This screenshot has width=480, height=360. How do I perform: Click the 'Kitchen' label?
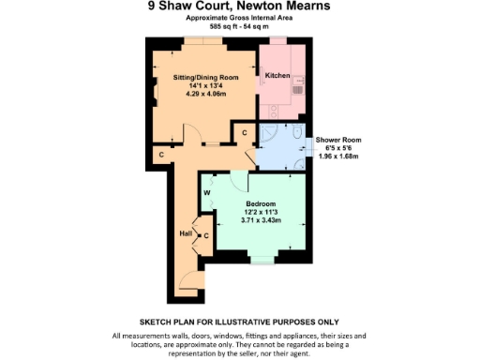pyautogui.click(x=277, y=76)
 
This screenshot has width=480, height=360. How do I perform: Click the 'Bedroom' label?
pyautogui.click(x=261, y=204)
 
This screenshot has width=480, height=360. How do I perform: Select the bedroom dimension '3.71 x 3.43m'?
pyautogui.click(x=261, y=221)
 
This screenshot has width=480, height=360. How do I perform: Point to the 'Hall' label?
pyautogui.click(x=185, y=233)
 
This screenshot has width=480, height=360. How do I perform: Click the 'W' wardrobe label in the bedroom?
pyautogui.click(x=206, y=193)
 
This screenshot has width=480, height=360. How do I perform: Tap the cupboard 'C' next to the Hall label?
pyautogui.click(x=205, y=235)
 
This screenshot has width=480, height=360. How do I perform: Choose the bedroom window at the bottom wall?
pyautogui.click(x=262, y=260)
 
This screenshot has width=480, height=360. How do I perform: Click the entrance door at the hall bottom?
pyautogui.click(x=190, y=279)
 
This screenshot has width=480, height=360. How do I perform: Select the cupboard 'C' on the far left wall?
pyautogui.click(x=160, y=153)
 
